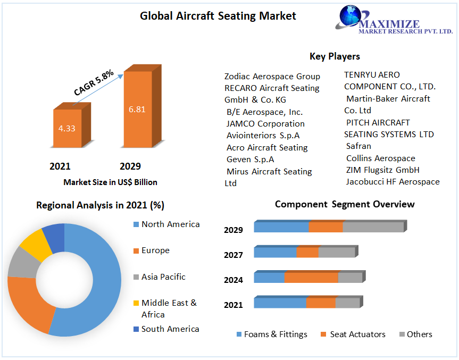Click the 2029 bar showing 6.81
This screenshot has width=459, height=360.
click(x=137, y=109)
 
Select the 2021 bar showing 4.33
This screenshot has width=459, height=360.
click(x=67, y=128)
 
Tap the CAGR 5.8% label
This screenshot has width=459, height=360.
click(x=94, y=82)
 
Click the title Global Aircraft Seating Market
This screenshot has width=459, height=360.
click(x=218, y=16)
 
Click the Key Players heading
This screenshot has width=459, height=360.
click(x=335, y=56)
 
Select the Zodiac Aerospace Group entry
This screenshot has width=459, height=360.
click(x=272, y=77)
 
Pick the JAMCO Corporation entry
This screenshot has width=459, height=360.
click(x=265, y=124)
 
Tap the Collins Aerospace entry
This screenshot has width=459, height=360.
click(x=380, y=158)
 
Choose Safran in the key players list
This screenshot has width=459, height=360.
click(x=358, y=146)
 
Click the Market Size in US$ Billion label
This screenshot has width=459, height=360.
click(x=110, y=182)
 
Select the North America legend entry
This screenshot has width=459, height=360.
click(x=170, y=224)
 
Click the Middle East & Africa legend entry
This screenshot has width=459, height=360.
click(x=169, y=308)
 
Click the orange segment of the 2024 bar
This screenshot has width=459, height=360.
click(x=311, y=278)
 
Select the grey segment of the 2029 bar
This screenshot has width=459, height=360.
click(x=373, y=227)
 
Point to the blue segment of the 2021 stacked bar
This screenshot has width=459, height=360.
click(x=280, y=303)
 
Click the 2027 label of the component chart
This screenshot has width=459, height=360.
click(x=233, y=255)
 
